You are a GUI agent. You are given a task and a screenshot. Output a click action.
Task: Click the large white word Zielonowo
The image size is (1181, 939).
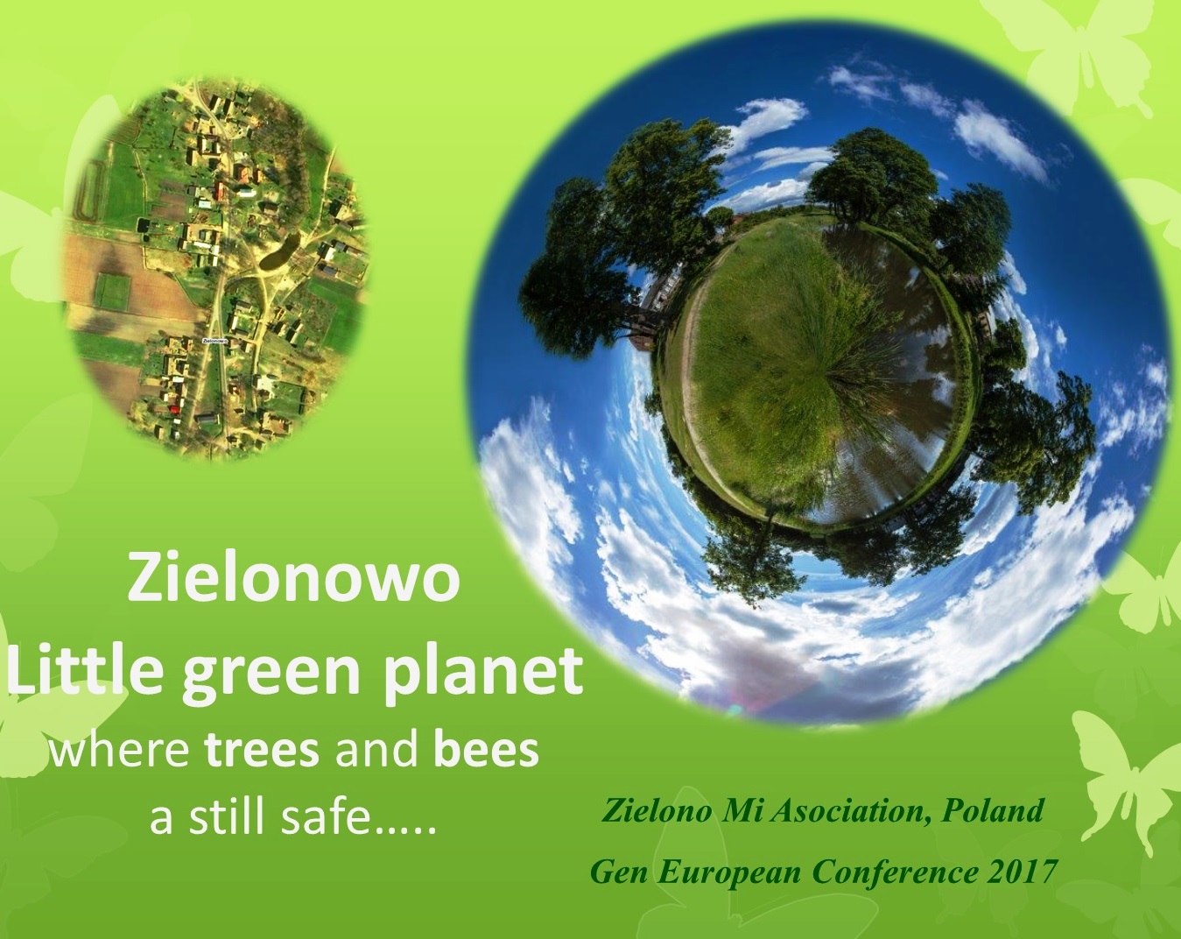293,580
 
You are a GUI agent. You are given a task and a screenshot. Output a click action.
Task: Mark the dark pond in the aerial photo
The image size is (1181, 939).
279,251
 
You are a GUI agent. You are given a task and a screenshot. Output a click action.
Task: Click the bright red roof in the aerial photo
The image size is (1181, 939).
175,408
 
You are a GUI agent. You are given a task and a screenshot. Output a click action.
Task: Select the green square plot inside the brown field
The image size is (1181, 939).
115,291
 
